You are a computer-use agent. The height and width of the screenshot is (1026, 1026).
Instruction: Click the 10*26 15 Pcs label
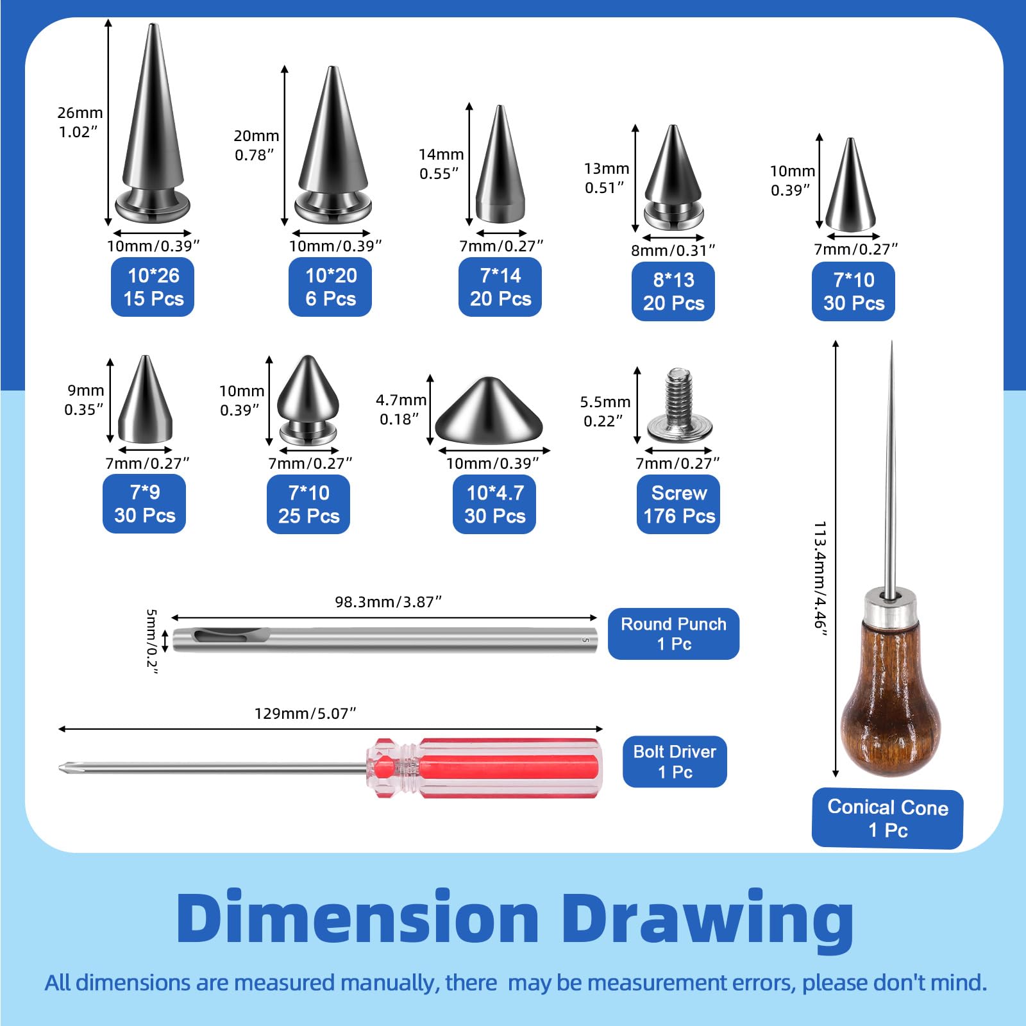coord(153,287)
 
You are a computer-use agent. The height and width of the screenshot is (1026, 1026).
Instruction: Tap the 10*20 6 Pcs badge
coord(330,287)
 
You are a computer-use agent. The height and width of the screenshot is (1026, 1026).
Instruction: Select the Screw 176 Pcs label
coord(678,504)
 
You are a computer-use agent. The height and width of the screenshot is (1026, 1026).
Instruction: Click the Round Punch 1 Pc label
coord(673,634)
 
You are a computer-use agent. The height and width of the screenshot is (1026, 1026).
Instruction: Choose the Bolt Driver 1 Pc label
coord(675,761)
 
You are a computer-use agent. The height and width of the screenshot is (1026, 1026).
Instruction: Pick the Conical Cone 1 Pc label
coord(887,818)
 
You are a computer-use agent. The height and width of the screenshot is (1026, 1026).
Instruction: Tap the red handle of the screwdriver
coord(484,768)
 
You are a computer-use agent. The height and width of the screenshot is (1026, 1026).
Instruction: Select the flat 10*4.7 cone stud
coord(489,410)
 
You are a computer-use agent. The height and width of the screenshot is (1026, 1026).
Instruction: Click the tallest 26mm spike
coord(153,124)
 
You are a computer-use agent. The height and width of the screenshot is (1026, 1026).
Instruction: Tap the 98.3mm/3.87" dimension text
coord(389,601)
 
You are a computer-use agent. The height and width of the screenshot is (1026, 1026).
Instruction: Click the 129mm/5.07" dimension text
coord(305,713)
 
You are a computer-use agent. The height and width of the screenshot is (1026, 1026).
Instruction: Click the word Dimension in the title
coord(358,918)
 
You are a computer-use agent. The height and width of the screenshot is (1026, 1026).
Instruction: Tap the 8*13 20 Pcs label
coord(673,291)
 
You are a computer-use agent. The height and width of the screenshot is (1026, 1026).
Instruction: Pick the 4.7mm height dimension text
coord(401,400)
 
